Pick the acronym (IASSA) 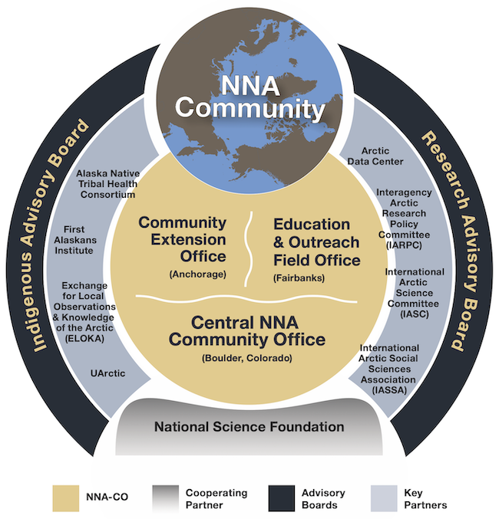(x=390, y=390)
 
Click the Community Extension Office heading (x=182, y=238)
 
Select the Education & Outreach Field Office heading (x=316, y=241)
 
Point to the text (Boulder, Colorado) (x=248, y=358)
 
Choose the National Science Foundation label (x=249, y=425)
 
